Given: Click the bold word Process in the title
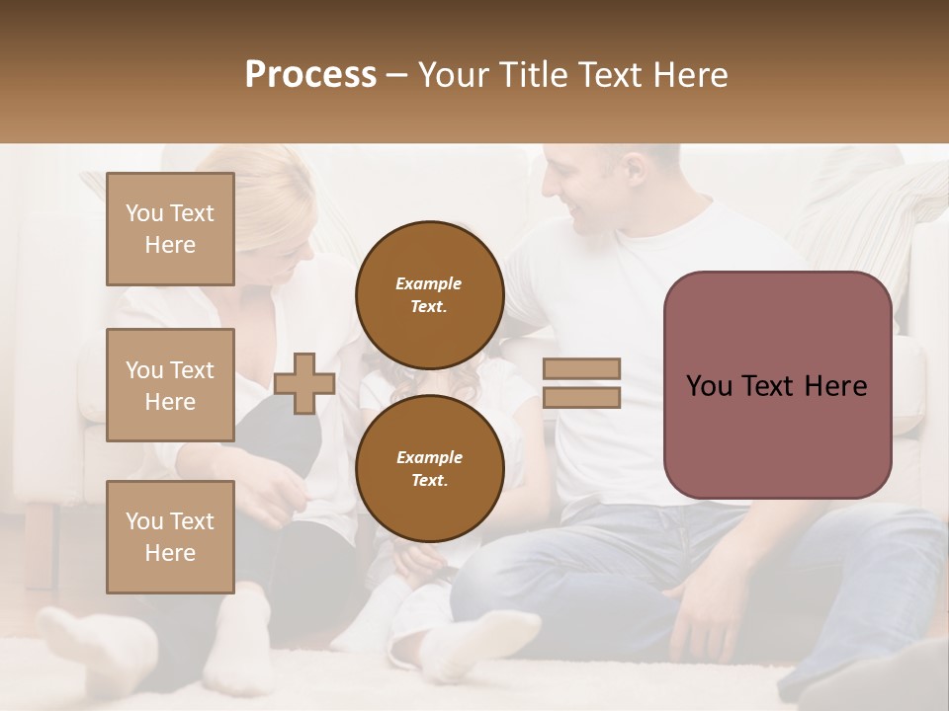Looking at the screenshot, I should [x=310, y=75].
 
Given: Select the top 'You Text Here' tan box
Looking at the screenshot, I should [x=170, y=229].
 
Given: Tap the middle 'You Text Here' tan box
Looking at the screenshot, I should [x=170, y=385].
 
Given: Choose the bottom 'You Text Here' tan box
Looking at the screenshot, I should [x=170, y=537].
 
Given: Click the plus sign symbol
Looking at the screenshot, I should [x=303, y=383].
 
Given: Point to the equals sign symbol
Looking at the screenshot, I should [x=582, y=383].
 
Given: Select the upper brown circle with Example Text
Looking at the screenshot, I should [x=430, y=294].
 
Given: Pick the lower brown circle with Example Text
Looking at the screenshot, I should [x=430, y=468].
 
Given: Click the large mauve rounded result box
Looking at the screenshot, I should [x=777, y=385].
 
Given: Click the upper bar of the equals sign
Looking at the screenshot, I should [x=582, y=368].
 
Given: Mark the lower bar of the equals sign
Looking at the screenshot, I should [x=582, y=398].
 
